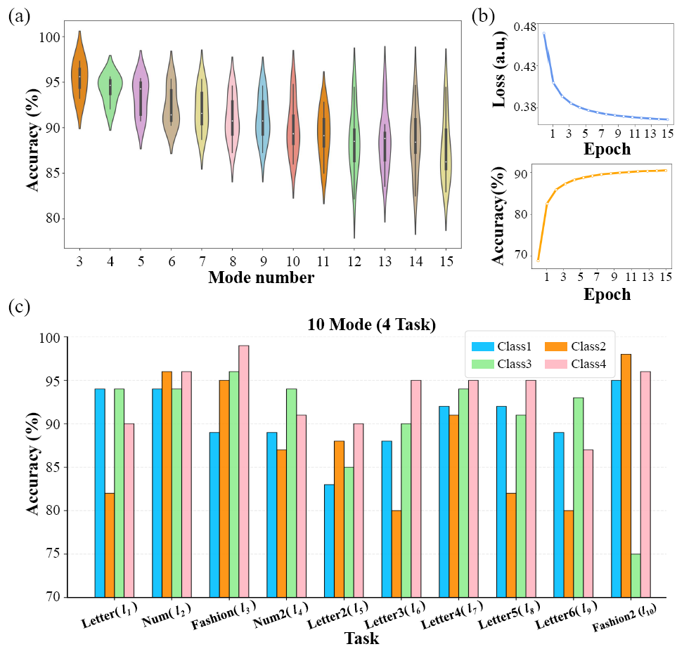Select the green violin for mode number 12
[354, 143]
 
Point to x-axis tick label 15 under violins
[447, 261]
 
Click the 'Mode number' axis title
[262, 277]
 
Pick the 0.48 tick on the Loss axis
[524, 27]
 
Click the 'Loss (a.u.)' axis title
[498, 69]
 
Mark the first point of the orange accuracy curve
[538, 260]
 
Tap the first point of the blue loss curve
[544, 33]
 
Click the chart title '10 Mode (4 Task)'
[372, 324]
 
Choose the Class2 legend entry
[576, 346]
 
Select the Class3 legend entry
[502, 364]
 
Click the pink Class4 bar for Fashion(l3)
[244, 471]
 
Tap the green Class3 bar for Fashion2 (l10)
[636, 576]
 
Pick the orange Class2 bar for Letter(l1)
[110, 546]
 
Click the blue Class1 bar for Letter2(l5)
[329, 541]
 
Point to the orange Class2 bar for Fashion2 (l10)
[626, 476]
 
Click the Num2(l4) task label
[281, 615]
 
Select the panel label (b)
[483, 16]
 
